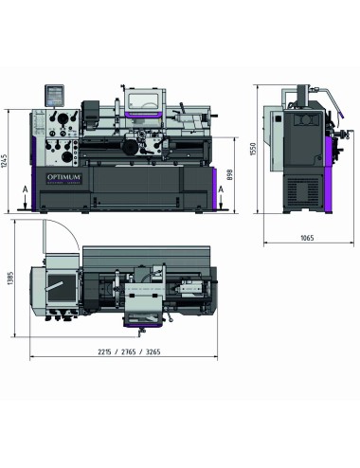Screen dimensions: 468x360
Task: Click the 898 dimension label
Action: tap(231, 176)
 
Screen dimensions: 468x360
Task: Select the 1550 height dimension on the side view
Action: tap(255, 150)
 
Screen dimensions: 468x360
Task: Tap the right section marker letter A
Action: tap(220, 189)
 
